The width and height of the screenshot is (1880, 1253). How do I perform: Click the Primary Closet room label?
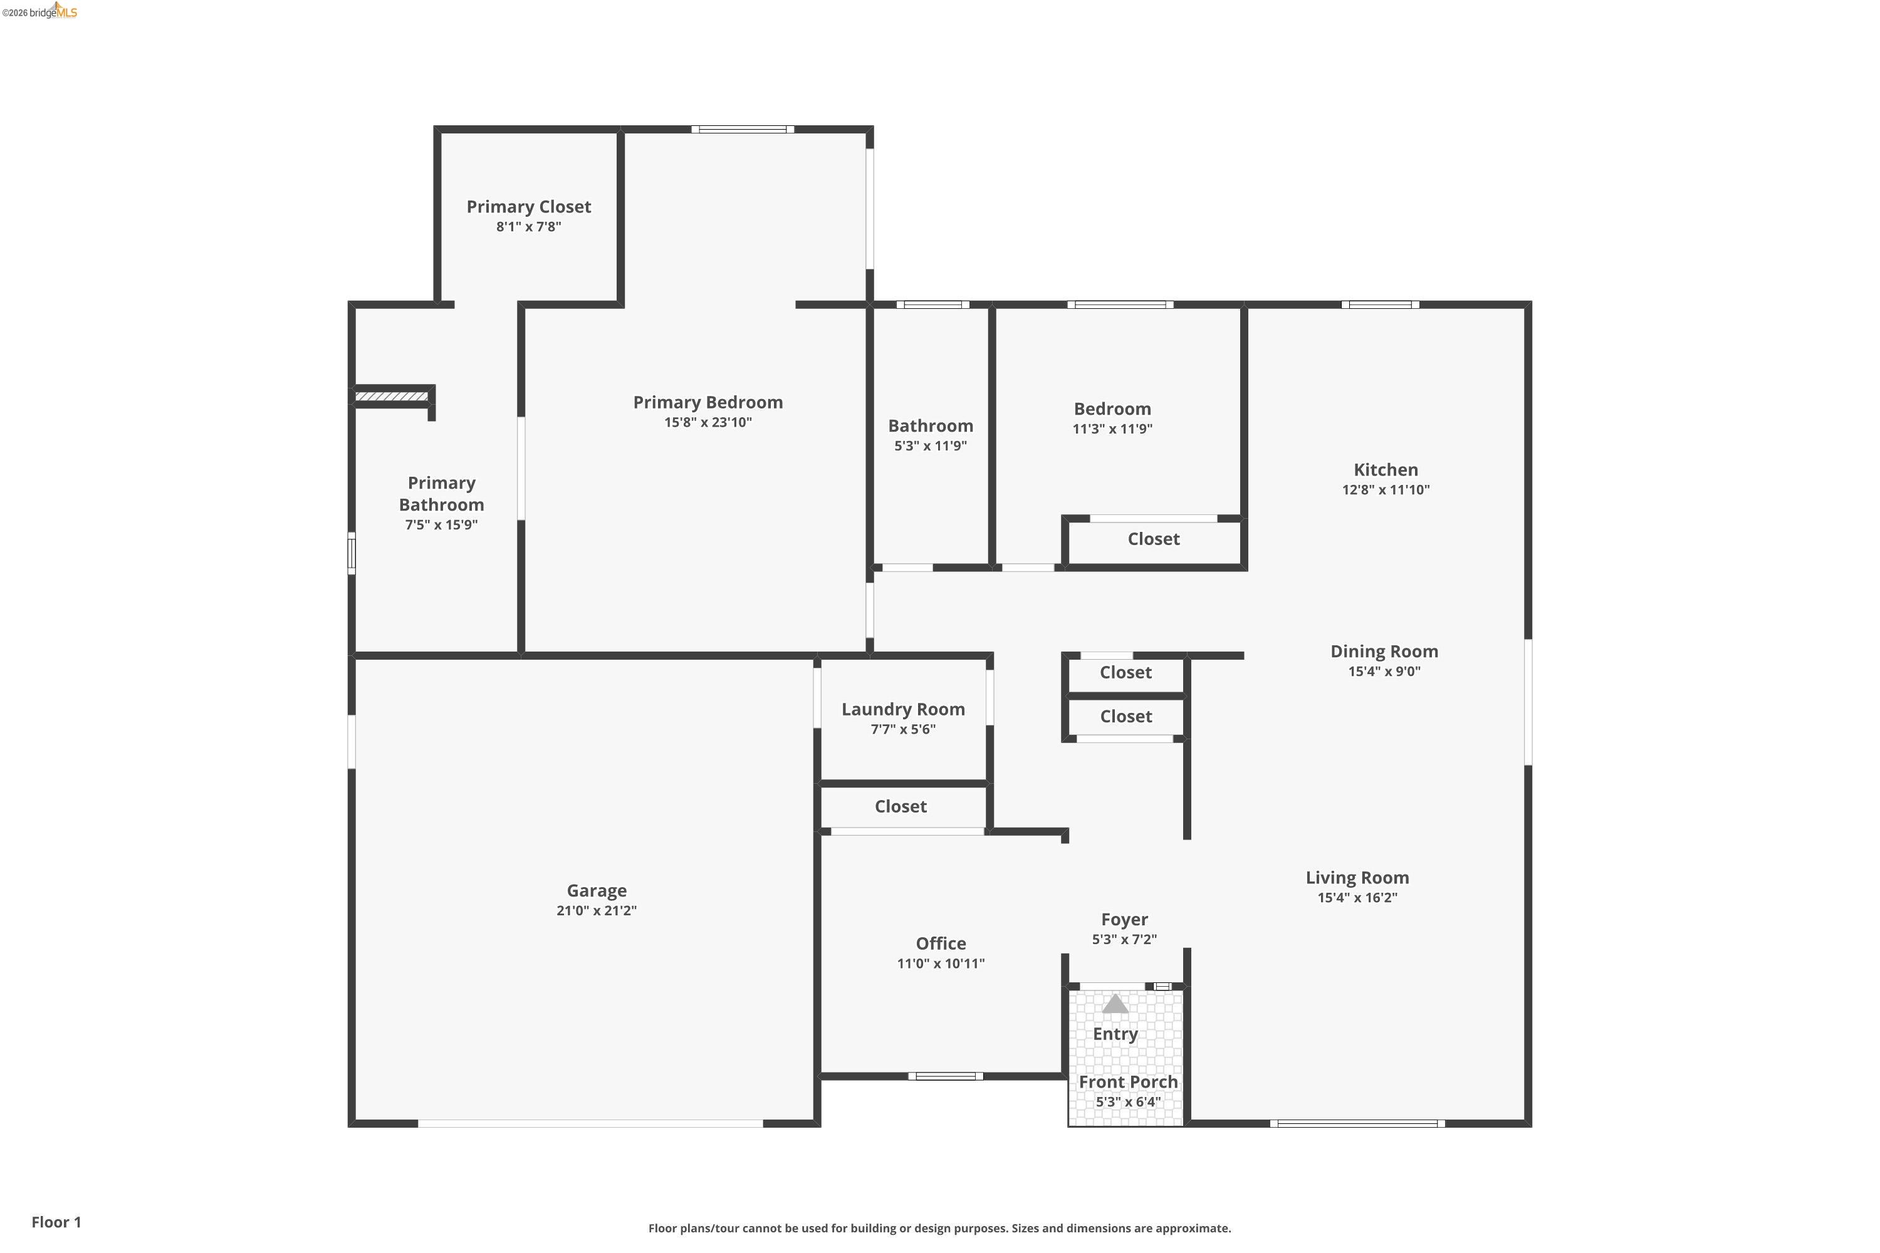(528, 207)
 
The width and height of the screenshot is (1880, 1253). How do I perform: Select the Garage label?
(597, 890)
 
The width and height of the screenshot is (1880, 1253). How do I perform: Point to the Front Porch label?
(1128, 1082)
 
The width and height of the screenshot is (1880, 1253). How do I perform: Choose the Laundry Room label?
(902, 710)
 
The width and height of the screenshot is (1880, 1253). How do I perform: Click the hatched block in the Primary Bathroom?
(392, 397)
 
